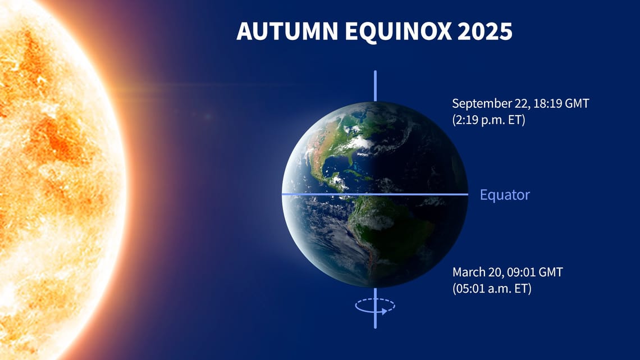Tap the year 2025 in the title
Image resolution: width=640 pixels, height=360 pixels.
(484, 32)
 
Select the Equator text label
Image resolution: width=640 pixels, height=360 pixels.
(505, 195)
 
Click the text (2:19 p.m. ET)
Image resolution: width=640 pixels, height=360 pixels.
(488, 120)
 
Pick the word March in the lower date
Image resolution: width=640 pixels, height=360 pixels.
(469, 272)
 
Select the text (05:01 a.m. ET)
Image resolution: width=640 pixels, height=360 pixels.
(492, 289)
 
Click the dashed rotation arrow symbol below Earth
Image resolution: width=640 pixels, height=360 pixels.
(375, 307)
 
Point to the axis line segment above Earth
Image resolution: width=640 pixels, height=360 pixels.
(375, 85)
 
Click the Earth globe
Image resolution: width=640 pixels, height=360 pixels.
(375, 194)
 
